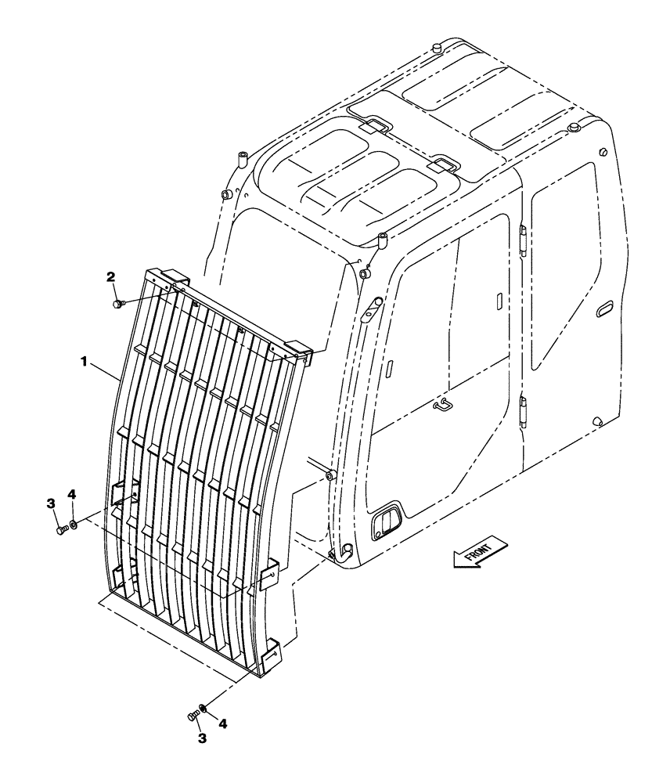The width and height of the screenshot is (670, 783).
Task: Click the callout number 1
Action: point(82,363)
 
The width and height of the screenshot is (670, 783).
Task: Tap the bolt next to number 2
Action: point(117,302)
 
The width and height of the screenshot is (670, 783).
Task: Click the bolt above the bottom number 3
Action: point(193,715)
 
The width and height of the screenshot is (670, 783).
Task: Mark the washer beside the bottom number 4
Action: point(204,708)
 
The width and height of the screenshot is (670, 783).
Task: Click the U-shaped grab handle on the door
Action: point(444,405)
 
